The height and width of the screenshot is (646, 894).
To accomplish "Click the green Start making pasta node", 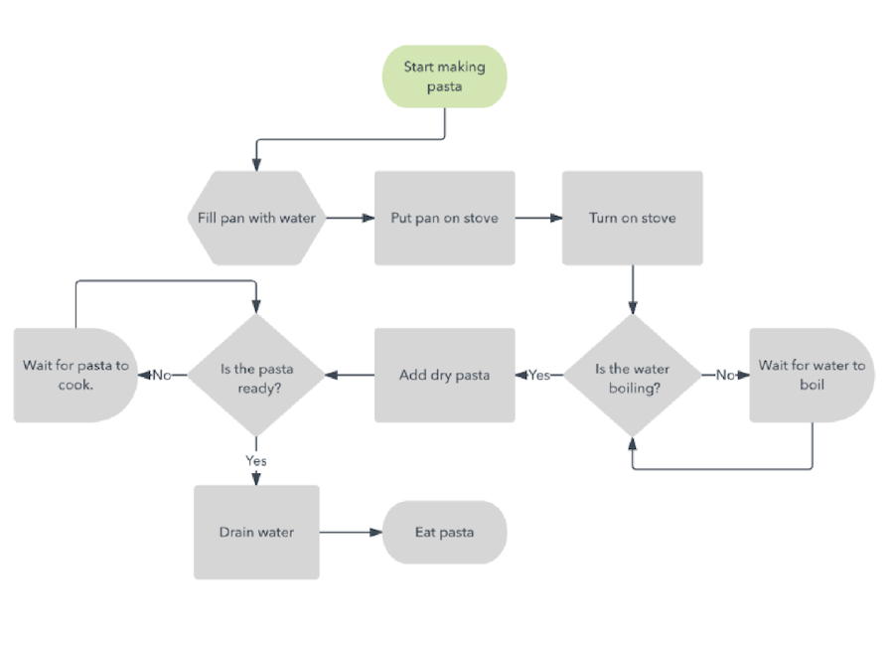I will point(444,77).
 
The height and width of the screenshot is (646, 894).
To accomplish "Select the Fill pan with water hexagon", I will point(256,218).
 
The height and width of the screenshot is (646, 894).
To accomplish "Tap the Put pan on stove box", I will point(444,218).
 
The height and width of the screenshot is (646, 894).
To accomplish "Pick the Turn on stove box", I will point(632,218).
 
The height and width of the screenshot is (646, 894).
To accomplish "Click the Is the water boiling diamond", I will point(633,376).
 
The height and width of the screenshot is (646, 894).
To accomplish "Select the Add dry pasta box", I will point(444,375).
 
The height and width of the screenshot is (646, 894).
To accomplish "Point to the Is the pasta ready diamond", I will point(256,376).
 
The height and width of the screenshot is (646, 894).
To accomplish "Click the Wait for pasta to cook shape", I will point(75,376).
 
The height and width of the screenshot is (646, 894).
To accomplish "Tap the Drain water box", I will point(256,532).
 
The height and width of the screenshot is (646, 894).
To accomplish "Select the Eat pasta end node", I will point(444,532).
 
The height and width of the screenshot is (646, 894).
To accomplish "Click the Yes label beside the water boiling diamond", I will point(539,376).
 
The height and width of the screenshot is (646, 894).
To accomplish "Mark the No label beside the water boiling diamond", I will point(726,376).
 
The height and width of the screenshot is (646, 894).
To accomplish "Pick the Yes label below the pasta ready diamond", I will point(256,460).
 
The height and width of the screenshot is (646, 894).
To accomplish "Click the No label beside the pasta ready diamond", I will point(162,376).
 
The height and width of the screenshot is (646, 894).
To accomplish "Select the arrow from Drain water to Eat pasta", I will point(351,532).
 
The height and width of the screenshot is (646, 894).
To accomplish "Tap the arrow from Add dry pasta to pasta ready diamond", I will point(349,376).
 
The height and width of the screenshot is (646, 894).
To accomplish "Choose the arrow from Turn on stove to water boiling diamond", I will point(633,289).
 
